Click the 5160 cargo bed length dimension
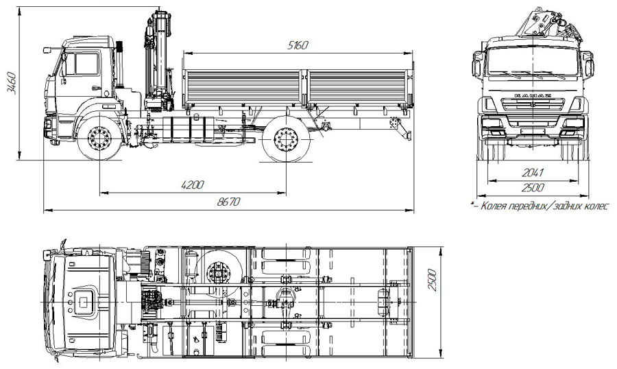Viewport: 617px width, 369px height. tap(298, 45)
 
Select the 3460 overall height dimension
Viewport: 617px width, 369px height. tap(11, 83)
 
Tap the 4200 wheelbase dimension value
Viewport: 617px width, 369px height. tap(193, 184)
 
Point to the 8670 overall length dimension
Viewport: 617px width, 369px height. tap(228, 202)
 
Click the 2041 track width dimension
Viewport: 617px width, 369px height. tap(533, 172)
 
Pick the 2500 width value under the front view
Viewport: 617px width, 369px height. tap(533, 188)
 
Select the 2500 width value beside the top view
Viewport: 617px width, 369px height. tap(432, 280)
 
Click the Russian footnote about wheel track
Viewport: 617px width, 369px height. tap(541, 206)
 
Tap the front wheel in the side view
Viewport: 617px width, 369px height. tap(99, 138)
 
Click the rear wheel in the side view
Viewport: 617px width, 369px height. tap(286, 139)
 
